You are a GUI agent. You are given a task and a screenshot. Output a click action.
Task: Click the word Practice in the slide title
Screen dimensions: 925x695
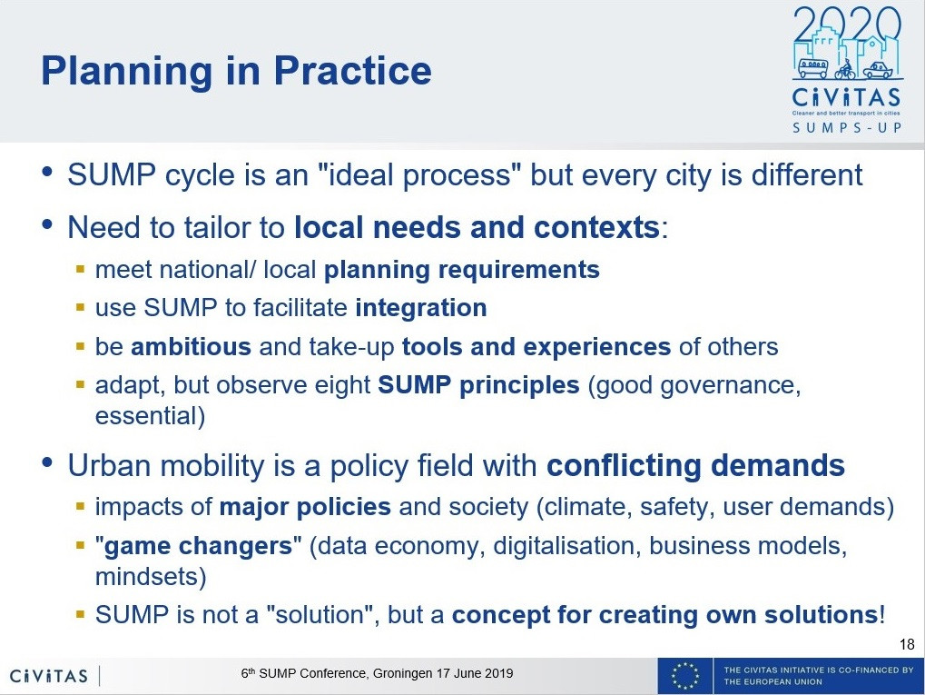coord(352,70)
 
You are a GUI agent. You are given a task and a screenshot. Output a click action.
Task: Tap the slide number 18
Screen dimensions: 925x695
coord(908,644)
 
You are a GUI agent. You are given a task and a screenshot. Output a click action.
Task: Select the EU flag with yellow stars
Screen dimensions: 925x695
coord(685,676)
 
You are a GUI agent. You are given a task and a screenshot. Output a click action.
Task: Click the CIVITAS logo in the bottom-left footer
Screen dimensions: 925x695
coord(49,676)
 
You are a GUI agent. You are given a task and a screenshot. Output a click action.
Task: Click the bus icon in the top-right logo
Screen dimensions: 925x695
coord(813,68)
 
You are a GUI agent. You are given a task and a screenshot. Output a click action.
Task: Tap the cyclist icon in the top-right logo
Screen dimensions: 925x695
coord(845,70)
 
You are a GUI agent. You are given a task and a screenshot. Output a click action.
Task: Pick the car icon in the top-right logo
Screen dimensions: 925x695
coord(877,70)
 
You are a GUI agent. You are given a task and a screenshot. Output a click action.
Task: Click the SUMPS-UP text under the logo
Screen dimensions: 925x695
coord(847,127)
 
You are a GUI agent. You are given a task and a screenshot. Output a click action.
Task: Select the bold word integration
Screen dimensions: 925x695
coord(421,308)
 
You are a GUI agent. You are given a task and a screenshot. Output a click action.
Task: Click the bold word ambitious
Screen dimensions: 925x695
coord(192,347)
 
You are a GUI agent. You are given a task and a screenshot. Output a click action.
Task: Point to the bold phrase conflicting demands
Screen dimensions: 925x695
coord(696,465)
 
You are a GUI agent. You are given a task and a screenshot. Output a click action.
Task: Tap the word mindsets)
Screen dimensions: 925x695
coord(151,577)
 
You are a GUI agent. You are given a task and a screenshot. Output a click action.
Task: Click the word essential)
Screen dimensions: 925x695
coord(151,416)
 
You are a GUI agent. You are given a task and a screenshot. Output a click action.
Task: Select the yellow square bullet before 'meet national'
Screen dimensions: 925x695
coord(81,270)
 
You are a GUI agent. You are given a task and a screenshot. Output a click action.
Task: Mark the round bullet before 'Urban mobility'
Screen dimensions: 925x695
coord(48,462)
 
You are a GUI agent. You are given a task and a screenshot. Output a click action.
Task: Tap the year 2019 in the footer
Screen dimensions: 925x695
coord(499,674)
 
